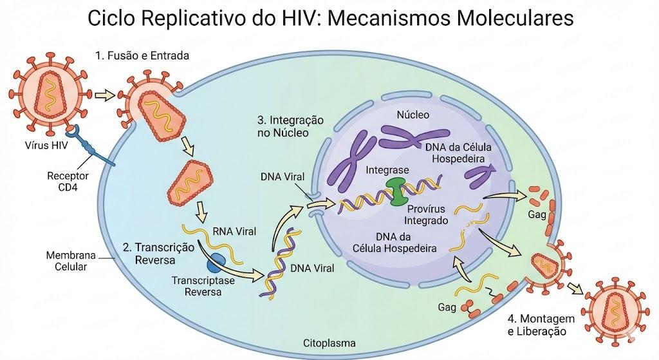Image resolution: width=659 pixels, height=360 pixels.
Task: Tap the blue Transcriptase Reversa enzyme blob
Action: (216, 263)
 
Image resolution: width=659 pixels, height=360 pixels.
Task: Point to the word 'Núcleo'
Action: (413, 115)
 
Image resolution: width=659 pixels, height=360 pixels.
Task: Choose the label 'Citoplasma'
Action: (329, 343)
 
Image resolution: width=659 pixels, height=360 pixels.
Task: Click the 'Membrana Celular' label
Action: (71, 261)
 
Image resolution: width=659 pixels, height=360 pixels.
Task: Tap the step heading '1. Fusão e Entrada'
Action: (142, 55)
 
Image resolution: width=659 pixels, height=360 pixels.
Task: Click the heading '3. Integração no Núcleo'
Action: (290, 126)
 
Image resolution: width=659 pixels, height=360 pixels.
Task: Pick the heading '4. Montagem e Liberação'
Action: (541, 325)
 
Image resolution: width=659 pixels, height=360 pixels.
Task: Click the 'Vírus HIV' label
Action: (46, 146)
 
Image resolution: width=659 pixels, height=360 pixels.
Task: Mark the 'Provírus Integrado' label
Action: (426, 214)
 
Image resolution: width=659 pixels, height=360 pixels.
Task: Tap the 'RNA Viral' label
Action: (234, 231)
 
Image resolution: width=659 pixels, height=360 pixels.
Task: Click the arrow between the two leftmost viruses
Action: (105, 96)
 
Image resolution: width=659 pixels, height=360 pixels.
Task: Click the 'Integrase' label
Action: (387, 170)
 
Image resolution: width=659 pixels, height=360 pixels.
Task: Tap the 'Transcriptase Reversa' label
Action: (203, 286)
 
